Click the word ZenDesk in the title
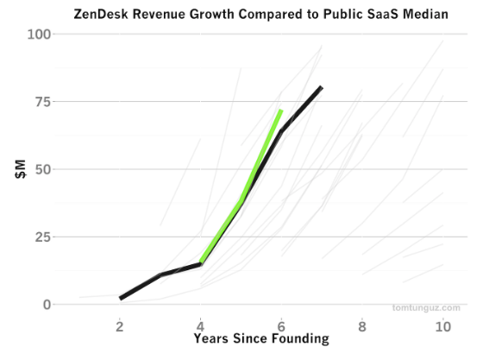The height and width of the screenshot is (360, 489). [101, 15]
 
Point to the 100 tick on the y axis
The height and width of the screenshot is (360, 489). [39, 34]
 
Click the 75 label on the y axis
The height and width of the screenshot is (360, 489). [43, 102]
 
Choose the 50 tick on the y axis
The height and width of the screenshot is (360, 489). [43, 169]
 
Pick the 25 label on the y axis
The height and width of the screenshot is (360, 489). [43, 237]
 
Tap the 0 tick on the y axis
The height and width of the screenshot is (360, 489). [47, 305]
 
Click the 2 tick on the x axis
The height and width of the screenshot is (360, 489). [119, 326]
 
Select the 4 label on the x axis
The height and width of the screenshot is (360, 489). [200, 326]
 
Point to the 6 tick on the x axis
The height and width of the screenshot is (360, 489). [281, 326]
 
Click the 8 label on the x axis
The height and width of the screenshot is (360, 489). [362, 326]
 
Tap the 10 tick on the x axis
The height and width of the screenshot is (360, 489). [443, 326]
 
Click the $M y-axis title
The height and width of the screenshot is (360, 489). [21, 169]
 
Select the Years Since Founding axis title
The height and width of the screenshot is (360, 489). [261, 338]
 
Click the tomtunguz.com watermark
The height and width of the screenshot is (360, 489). [426, 308]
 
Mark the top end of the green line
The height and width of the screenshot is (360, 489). [281, 110]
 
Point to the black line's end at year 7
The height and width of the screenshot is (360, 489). [322, 87]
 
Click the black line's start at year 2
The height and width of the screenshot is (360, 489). [121, 299]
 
